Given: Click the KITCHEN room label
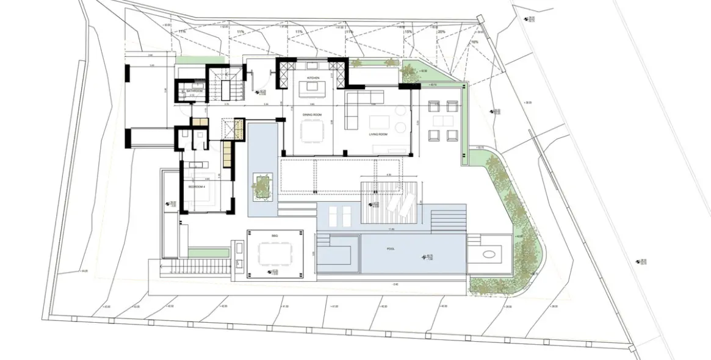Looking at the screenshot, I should coord(313,78).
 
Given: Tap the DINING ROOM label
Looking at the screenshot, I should coord(312,114).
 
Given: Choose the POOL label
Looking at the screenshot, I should coord(391,249).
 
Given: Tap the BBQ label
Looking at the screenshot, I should coord(275,234).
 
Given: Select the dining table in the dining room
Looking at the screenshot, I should coord(313,131).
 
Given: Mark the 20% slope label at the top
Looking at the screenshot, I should coord(441,32).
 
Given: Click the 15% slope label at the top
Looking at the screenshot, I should coord(408,32).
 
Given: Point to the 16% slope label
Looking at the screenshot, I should coord(474,42).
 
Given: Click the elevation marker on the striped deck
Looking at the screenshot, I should coord(374,204).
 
